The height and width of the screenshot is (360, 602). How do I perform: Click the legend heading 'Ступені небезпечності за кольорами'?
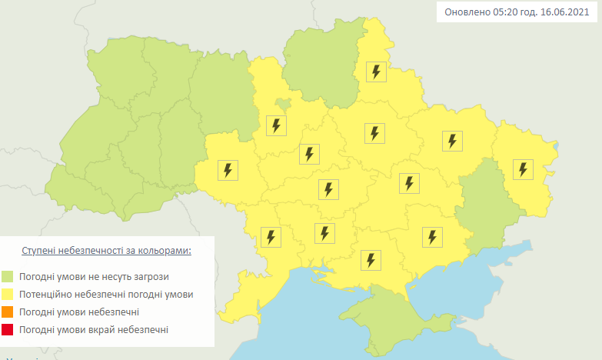click(x=104, y=251)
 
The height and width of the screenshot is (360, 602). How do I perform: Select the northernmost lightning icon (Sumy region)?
click(x=375, y=72)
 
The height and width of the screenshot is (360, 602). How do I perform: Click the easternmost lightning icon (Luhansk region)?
click(x=524, y=169)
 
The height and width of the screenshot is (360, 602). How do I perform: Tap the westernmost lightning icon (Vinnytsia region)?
click(x=228, y=170)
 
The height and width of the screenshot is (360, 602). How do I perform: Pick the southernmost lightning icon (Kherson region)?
click(x=371, y=260)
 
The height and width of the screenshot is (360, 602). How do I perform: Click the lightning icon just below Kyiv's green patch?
click(x=276, y=125)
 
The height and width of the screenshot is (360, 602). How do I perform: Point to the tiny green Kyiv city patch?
click(x=283, y=104)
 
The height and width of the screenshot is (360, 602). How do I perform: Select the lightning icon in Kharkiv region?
click(x=452, y=141)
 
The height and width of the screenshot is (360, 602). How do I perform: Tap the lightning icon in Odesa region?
click(x=271, y=236)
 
